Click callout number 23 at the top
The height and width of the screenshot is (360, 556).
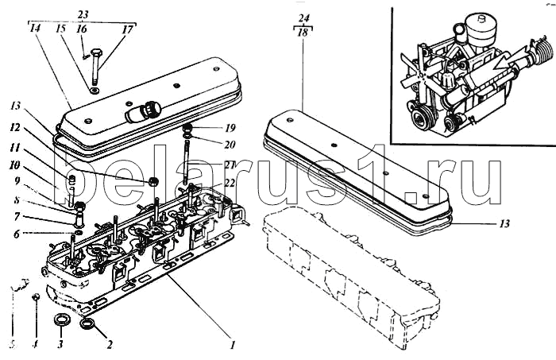click(83, 13)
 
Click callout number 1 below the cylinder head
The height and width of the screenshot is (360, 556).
click(232, 344)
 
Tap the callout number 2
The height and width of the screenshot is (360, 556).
click(110, 344)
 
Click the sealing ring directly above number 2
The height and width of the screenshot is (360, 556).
click(88, 323)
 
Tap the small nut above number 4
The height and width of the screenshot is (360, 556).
click(36, 296)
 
